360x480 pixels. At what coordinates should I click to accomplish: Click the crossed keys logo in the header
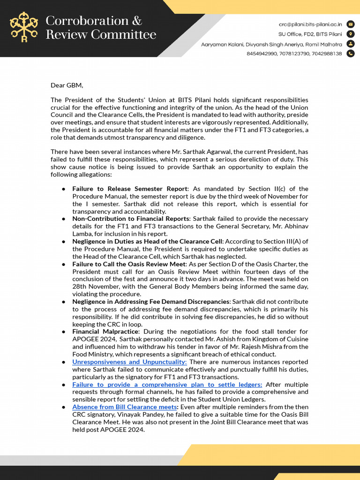(24, 28)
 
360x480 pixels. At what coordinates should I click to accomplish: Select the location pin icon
(351, 34)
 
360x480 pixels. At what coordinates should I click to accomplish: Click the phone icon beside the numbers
(351, 54)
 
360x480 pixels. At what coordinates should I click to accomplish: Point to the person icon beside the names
(351, 44)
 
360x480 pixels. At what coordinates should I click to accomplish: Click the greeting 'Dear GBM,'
(67, 85)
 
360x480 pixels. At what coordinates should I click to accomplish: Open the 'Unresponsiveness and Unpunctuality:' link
(129, 362)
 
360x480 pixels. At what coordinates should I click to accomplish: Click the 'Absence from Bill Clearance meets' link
(124, 407)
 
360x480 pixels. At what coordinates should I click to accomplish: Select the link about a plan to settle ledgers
(167, 384)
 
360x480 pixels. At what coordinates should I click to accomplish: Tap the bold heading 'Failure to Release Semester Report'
(130, 189)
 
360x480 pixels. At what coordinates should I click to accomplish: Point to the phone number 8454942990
(261, 54)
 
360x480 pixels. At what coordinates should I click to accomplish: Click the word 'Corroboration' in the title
(88, 21)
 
